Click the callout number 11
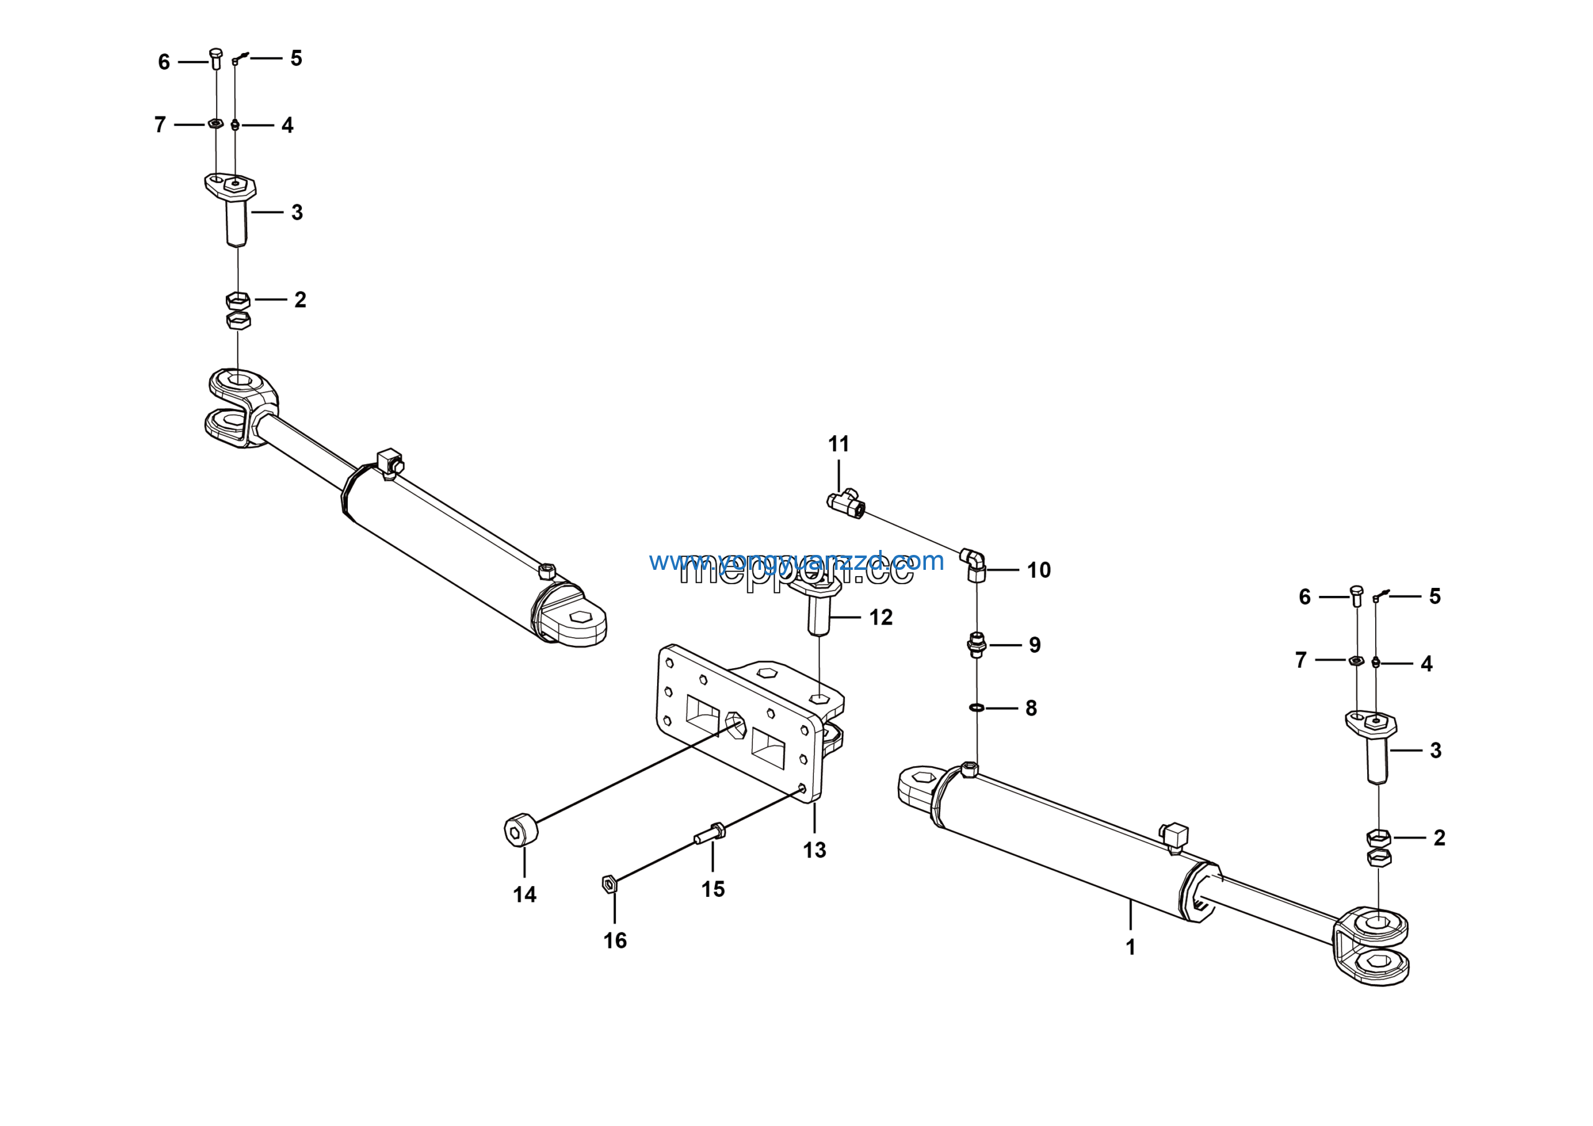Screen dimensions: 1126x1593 pos(838,443)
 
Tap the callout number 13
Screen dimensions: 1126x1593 pos(815,849)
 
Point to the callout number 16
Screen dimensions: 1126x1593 pos(615,940)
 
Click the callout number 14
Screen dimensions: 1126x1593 pos(525,894)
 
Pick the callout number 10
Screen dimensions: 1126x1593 pos(1039,570)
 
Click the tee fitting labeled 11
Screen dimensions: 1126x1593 pos(846,503)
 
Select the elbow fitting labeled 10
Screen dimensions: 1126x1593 pos(974,564)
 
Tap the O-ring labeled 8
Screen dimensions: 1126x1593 pos(976,707)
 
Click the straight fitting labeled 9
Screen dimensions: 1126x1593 pos(976,645)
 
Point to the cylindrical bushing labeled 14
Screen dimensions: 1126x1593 pos(521,830)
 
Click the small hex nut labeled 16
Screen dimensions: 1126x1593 pos(609,884)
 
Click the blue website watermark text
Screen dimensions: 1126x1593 pos(796,561)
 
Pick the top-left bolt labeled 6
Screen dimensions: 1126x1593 pos(215,59)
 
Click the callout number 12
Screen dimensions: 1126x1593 pos(881,617)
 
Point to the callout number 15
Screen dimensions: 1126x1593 pos(712,889)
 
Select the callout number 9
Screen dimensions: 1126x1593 pos(1034,645)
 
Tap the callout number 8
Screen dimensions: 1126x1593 pos(1031,708)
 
